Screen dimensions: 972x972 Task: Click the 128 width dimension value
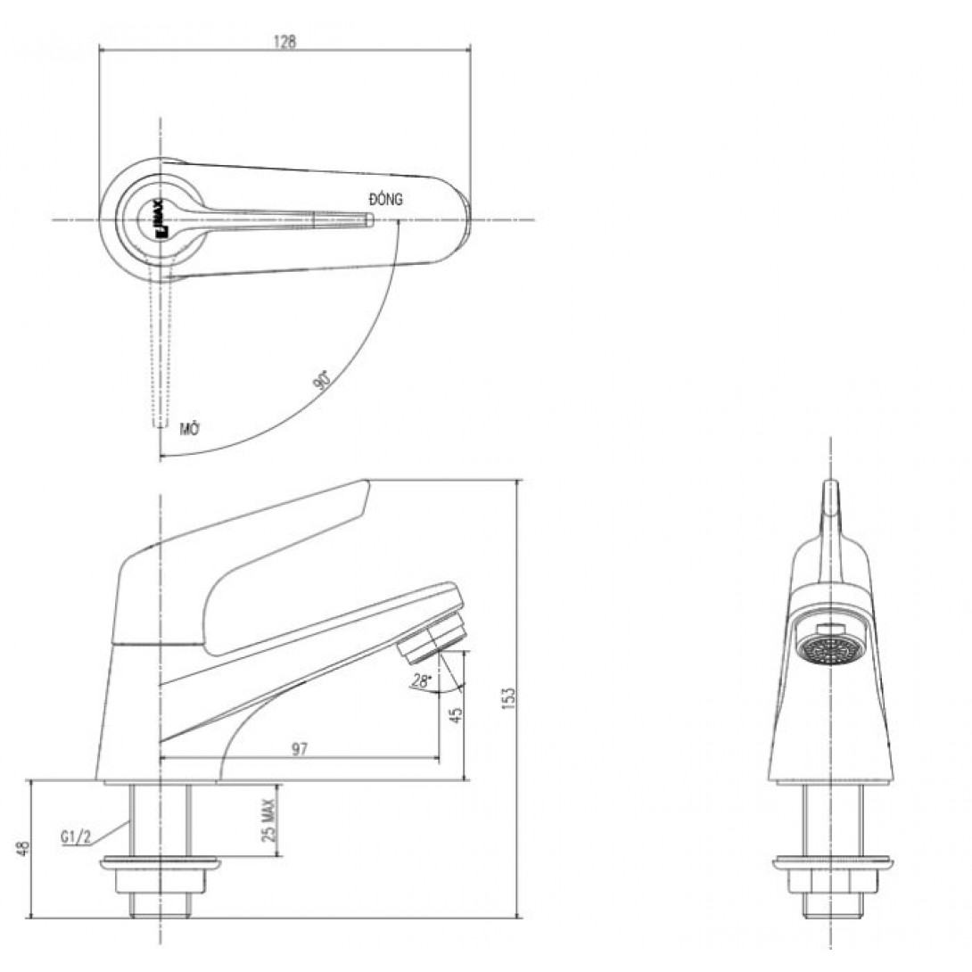(284, 41)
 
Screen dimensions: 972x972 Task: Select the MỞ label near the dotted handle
(188, 429)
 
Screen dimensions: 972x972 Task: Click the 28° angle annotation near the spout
(420, 681)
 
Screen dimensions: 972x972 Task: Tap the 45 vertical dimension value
(457, 715)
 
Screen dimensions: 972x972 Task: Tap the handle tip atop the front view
(829, 496)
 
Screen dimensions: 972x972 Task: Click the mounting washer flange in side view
(161, 863)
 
